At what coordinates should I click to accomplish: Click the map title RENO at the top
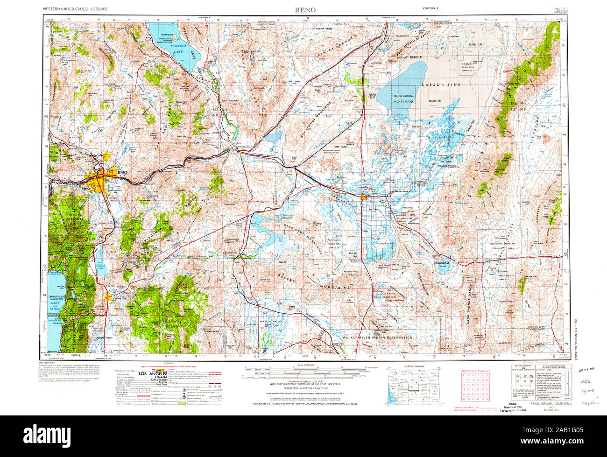[304, 9]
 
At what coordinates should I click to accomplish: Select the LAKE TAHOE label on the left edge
[55, 305]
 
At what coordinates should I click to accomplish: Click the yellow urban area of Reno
[99, 179]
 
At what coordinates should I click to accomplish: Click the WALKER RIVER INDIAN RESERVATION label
[377, 337]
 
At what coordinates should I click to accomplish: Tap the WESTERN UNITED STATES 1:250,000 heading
[75, 9]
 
